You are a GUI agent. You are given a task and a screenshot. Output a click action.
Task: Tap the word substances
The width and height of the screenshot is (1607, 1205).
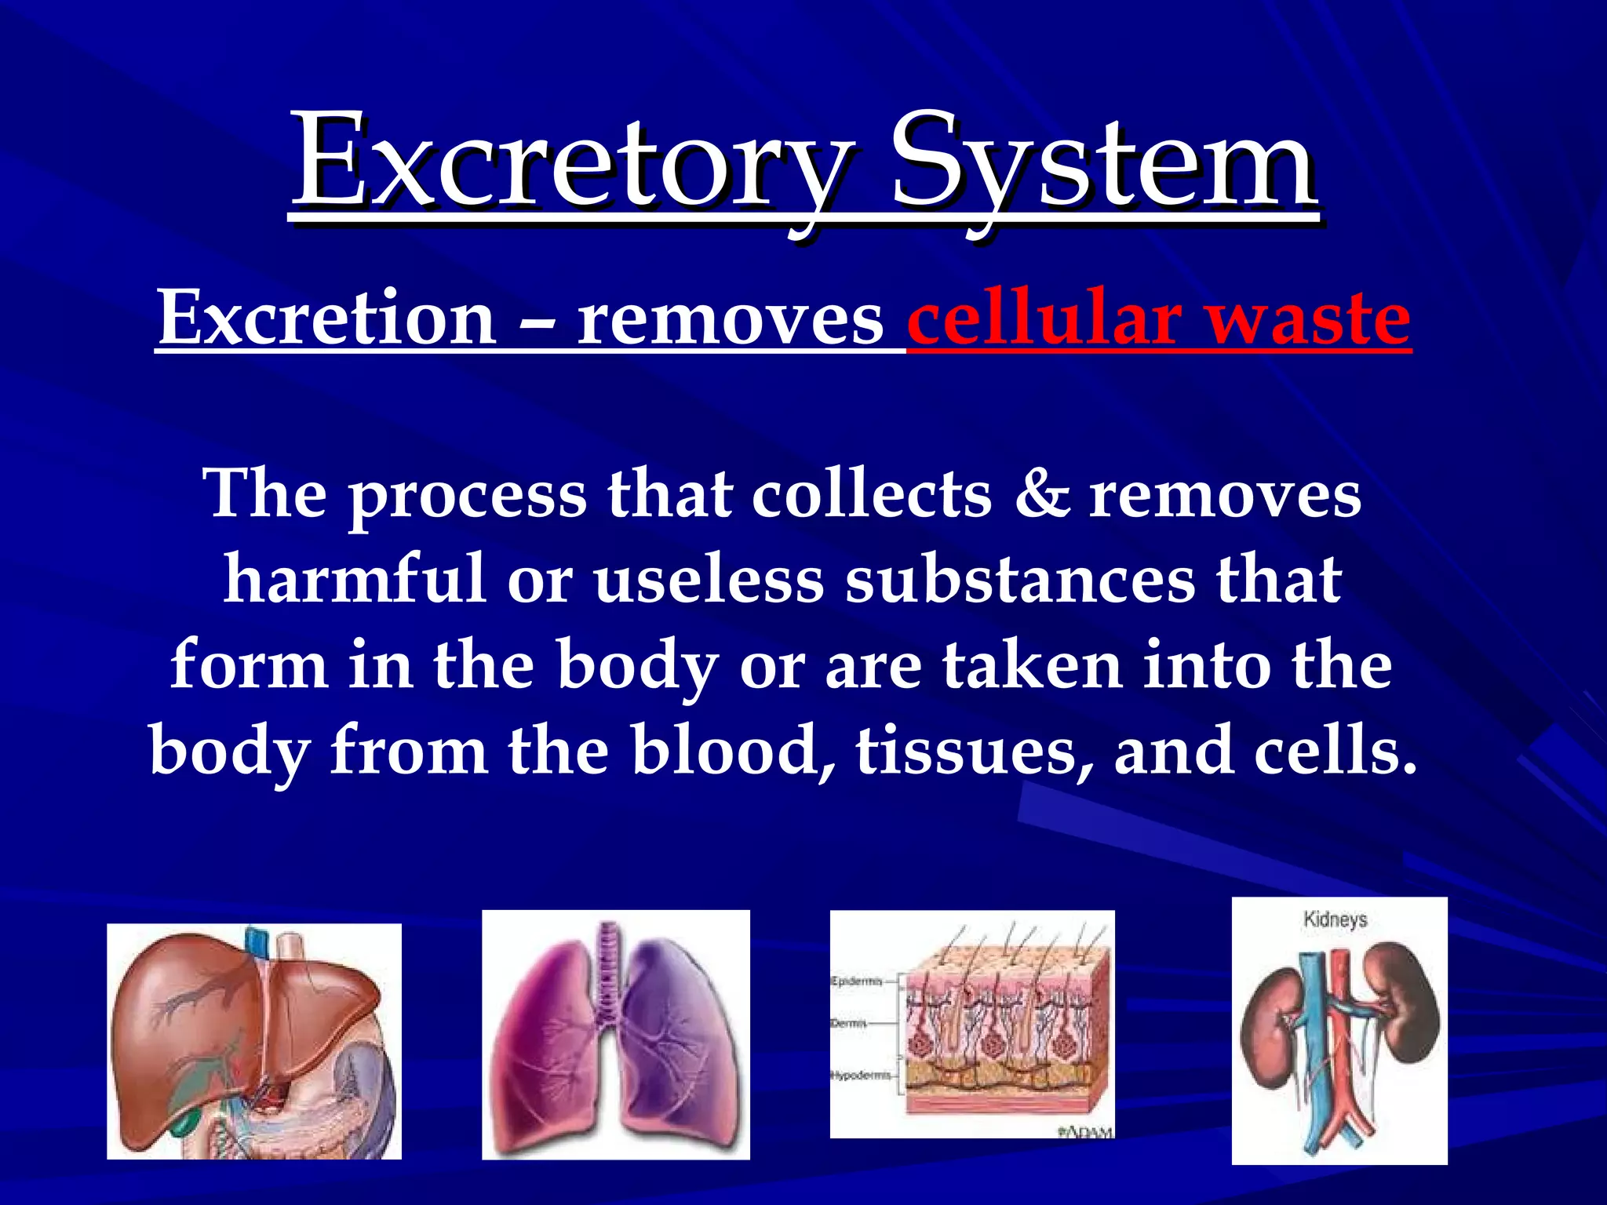click(x=1020, y=581)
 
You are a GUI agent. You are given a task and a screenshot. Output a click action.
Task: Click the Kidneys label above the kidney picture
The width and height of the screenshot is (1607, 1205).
click(x=1335, y=919)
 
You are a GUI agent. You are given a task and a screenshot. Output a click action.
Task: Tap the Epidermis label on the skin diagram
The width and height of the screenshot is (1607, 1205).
click(x=856, y=981)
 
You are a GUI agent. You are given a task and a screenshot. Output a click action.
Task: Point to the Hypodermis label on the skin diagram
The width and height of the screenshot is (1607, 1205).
click(x=861, y=1076)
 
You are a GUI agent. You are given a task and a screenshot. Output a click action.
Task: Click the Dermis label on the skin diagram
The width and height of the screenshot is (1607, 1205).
click(x=849, y=1024)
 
